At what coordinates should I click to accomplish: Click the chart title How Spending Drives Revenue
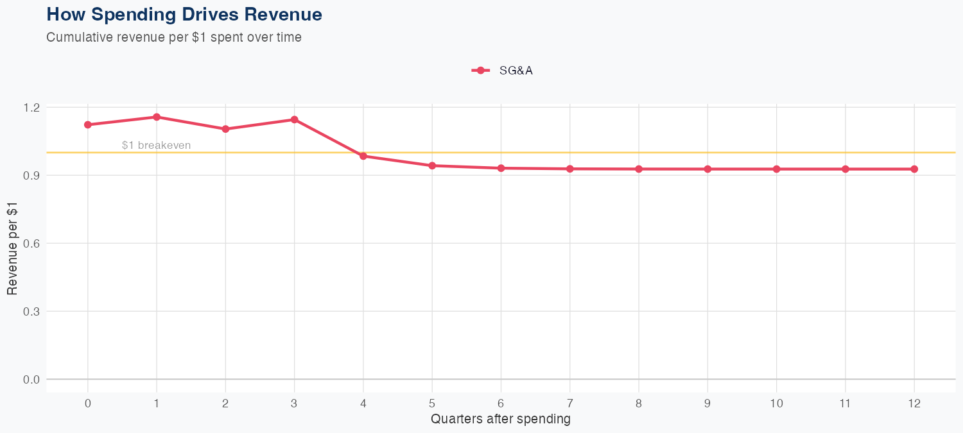pyautogui.click(x=184, y=14)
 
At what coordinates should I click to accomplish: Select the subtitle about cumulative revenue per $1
pyautogui.click(x=174, y=37)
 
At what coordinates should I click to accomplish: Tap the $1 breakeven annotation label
pyautogui.click(x=156, y=146)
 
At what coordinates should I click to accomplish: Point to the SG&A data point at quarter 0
pyautogui.click(x=88, y=124)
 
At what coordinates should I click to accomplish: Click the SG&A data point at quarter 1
pyautogui.click(x=157, y=117)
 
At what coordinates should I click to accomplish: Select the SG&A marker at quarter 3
pyautogui.click(x=294, y=119)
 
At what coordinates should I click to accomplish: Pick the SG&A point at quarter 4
pyautogui.click(x=363, y=156)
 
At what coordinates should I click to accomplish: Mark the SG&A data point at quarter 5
pyautogui.click(x=432, y=166)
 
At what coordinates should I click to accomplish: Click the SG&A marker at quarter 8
pyautogui.click(x=639, y=169)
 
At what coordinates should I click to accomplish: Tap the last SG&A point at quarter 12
pyautogui.click(x=914, y=169)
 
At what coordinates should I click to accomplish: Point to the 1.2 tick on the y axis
pyautogui.click(x=31, y=107)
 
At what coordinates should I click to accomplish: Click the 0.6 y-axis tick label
pyautogui.click(x=31, y=243)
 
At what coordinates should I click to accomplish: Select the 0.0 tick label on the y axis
pyautogui.click(x=31, y=379)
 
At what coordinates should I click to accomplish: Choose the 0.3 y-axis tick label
pyautogui.click(x=31, y=311)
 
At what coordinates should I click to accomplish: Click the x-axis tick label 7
pyautogui.click(x=570, y=403)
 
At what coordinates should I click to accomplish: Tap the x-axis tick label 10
pyautogui.click(x=777, y=403)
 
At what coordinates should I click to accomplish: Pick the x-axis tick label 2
pyautogui.click(x=225, y=403)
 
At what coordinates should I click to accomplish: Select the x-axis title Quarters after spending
pyautogui.click(x=501, y=420)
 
